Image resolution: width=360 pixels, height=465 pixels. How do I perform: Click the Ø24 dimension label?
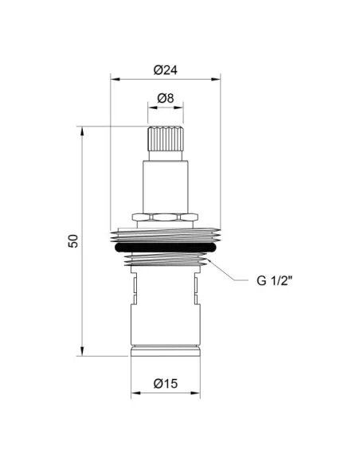click(166, 70)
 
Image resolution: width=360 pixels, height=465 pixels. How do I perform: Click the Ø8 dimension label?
click(166, 98)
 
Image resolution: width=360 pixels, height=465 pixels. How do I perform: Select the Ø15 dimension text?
click(166, 384)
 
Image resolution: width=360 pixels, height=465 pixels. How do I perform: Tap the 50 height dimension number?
click(72, 240)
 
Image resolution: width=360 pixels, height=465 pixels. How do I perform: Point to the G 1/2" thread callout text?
click(274, 280)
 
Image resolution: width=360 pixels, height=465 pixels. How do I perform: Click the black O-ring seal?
click(166, 248)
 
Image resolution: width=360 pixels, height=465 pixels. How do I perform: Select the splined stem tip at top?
click(166, 139)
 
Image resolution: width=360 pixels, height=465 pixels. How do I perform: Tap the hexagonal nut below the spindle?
click(166, 217)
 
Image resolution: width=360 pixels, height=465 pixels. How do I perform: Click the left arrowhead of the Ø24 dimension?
click(115, 79)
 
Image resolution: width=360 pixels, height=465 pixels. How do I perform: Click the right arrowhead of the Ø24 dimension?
click(216, 79)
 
